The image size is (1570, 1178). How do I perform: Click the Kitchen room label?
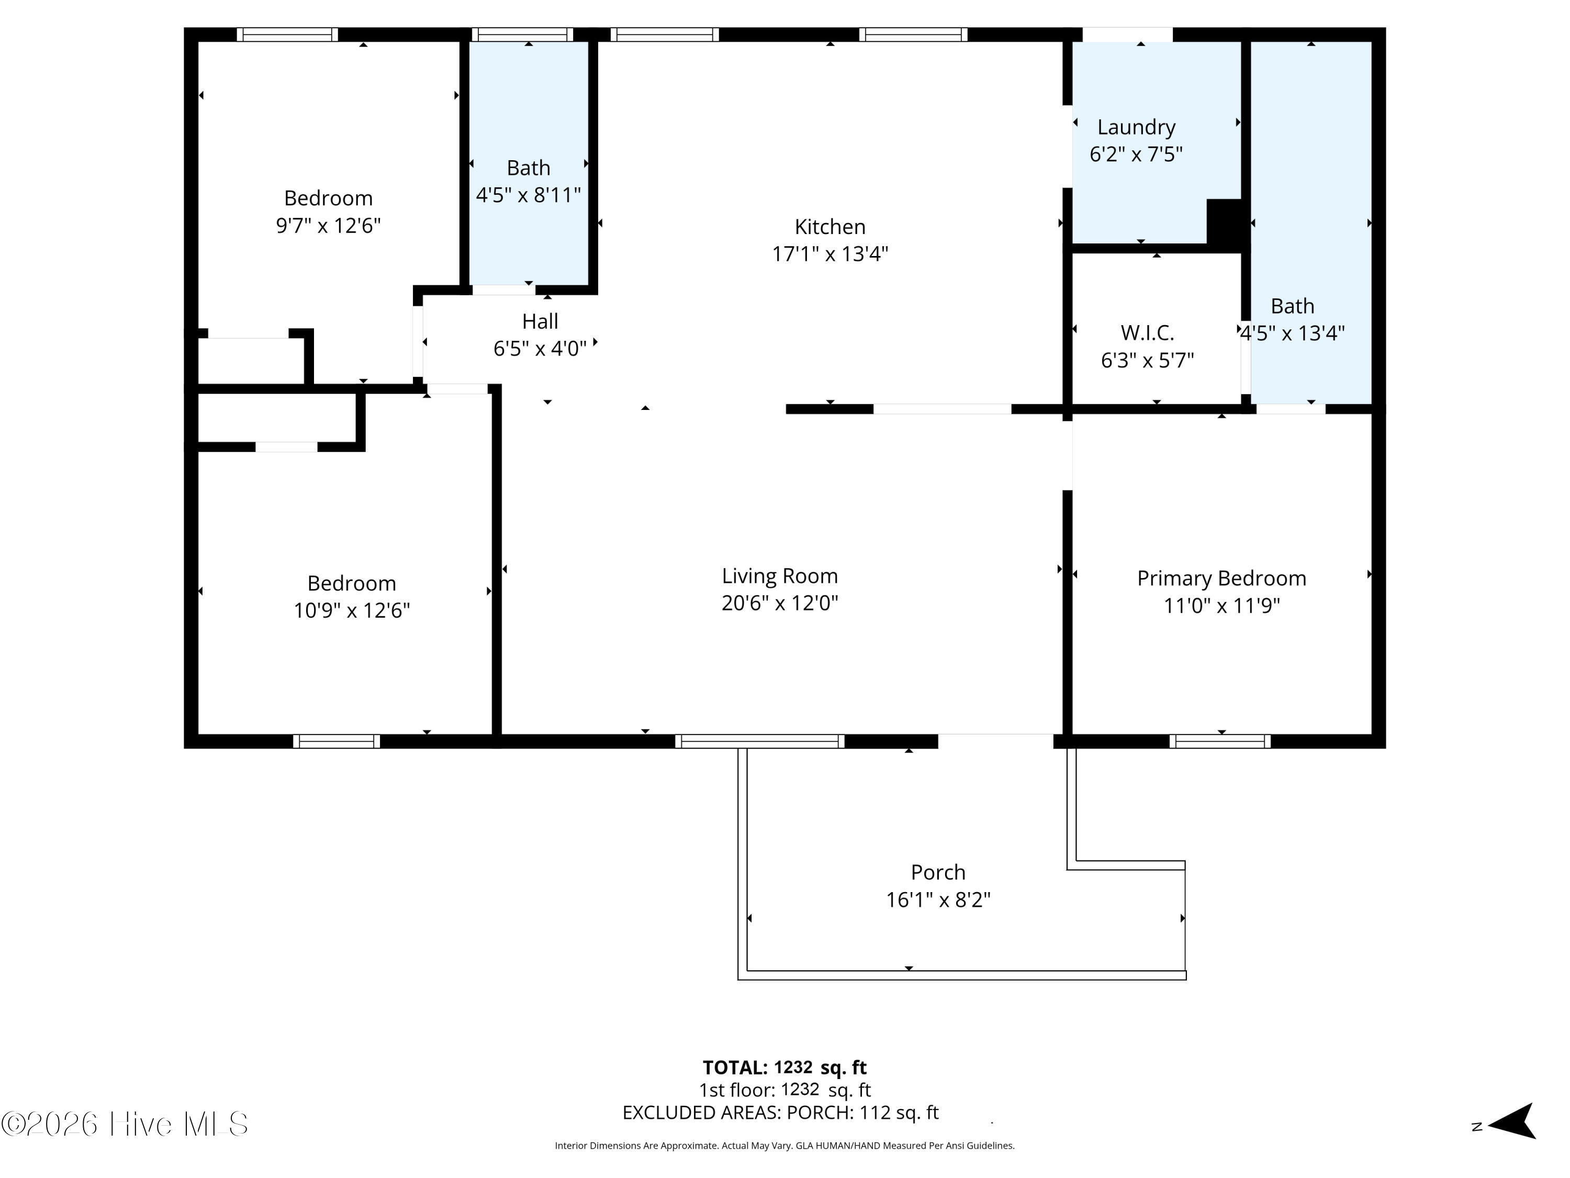(x=829, y=227)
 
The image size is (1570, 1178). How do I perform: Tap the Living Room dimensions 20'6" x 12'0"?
(x=779, y=603)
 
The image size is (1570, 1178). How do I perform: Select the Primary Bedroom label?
(x=1221, y=579)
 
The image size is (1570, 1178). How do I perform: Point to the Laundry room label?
(x=1136, y=128)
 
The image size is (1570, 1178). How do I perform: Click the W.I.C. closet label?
(x=1147, y=332)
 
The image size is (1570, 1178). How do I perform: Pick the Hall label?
(x=540, y=321)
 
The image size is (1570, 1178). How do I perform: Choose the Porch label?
(x=938, y=872)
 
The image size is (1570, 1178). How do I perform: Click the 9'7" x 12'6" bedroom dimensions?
(x=328, y=226)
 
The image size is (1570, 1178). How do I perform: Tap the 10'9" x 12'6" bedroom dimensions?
(x=351, y=610)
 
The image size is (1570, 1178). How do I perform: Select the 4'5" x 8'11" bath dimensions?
(x=528, y=195)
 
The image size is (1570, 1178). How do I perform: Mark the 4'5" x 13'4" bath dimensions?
(x=1293, y=333)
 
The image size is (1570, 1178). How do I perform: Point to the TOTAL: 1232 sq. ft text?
(x=784, y=1067)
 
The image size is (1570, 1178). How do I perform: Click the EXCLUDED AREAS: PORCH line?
(x=780, y=1113)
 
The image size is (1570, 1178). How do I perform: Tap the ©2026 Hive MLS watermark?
(x=124, y=1124)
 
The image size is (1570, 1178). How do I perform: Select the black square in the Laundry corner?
(x=1225, y=223)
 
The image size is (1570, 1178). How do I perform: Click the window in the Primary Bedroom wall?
(x=1220, y=741)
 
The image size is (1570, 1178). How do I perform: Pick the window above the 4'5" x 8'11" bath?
(x=522, y=34)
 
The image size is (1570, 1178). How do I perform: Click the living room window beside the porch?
(x=759, y=741)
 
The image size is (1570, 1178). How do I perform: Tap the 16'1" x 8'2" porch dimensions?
(x=938, y=899)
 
